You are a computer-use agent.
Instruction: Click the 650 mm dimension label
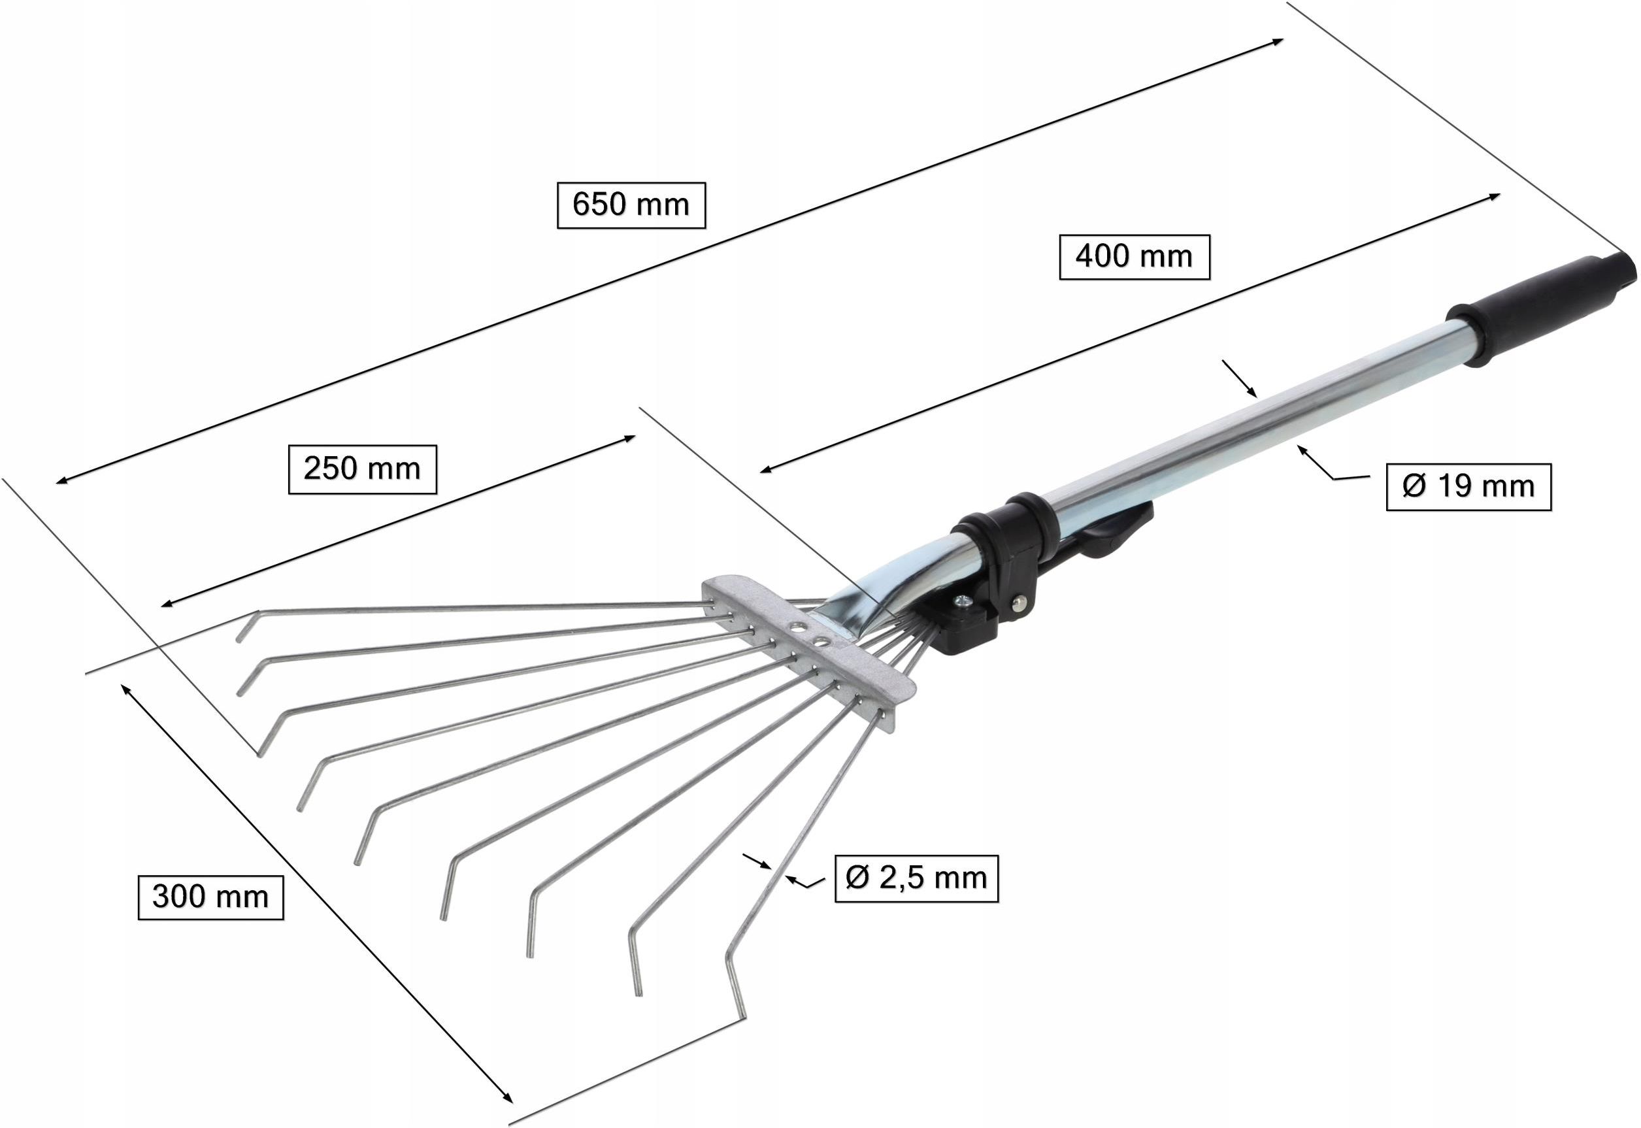pyautogui.click(x=631, y=205)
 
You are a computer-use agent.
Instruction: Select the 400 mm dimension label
pyautogui.click(x=1135, y=257)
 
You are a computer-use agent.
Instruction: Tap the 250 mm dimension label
pyautogui.click(x=363, y=469)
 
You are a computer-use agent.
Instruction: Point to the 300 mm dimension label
pyautogui.click(x=210, y=897)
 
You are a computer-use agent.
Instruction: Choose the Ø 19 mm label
pyautogui.click(x=1468, y=486)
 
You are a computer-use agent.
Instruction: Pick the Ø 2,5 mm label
pyautogui.click(x=917, y=878)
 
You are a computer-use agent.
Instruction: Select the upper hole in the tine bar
pyautogui.click(x=797, y=626)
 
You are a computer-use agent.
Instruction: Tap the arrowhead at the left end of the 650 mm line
pyautogui.click(x=62, y=481)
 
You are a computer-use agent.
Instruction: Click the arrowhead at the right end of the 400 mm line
pyautogui.click(x=1493, y=197)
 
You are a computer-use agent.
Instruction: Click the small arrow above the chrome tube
pyautogui.click(x=1240, y=379)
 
